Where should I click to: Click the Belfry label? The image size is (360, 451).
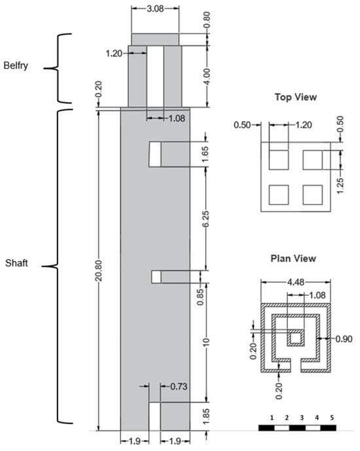pyautogui.click(x=16, y=65)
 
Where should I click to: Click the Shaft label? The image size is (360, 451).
pyautogui.click(x=16, y=263)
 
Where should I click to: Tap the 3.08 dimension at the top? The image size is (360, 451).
pyautogui.click(x=155, y=9)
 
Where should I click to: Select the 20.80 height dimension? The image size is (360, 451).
pyautogui.click(x=99, y=270)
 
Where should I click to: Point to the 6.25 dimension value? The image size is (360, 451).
pyautogui.click(x=206, y=219)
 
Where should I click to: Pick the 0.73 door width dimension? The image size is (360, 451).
pyautogui.click(x=179, y=386)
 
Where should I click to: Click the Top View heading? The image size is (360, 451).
pyautogui.click(x=296, y=97)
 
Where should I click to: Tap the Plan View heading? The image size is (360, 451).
pyautogui.click(x=293, y=259)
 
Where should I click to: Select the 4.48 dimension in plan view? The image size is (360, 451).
pyautogui.click(x=296, y=282)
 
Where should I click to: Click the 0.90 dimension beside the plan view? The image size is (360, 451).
pyautogui.click(x=344, y=339)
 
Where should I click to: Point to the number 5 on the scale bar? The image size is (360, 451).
pyautogui.click(x=332, y=418)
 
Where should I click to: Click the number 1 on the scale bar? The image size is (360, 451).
pyautogui.click(x=272, y=418)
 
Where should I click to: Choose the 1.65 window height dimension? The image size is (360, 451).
pyautogui.click(x=206, y=154)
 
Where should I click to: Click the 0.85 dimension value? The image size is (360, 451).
pyautogui.click(x=200, y=297)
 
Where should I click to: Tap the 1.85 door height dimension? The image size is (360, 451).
pyautogui.click(x=206, y=416)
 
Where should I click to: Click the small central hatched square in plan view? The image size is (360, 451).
pyautogui.click(x=296, y=338)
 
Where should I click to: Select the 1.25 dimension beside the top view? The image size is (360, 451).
pyautogui.click(x=340, y=186)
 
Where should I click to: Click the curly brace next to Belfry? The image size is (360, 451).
pyautogui.click(x=58, y=69)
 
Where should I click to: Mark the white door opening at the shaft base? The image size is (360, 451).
pyautogui.click(x=154, y=416)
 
